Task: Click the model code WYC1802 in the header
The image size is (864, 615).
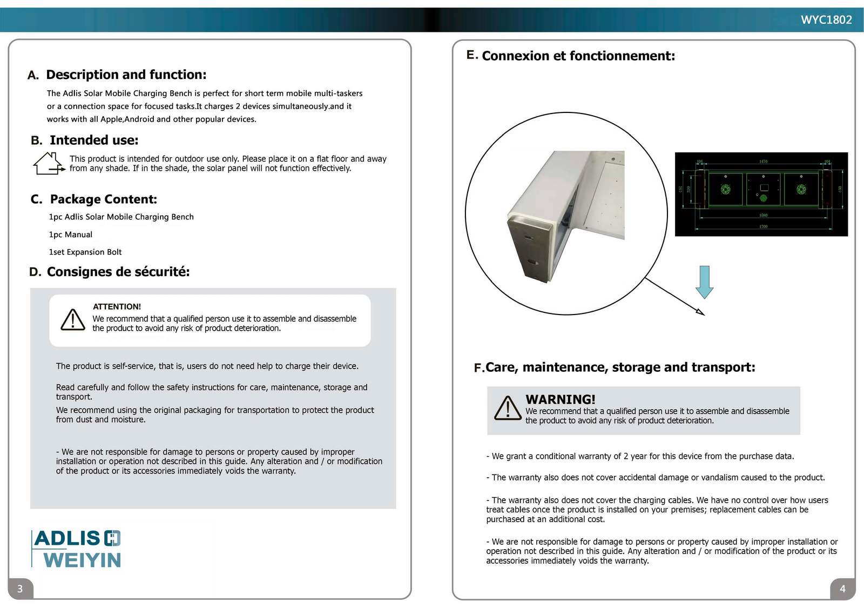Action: pos(826,20)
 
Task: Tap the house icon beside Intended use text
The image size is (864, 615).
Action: pos(48,163)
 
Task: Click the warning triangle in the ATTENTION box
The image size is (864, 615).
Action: pos(72,320)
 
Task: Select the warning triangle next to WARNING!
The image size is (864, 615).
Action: pos(507,409)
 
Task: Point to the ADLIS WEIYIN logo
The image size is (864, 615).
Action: pos(77,549)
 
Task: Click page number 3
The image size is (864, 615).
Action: pos(20,589)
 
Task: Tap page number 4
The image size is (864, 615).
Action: pos(842,589)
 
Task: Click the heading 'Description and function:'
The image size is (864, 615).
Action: pos(126,75)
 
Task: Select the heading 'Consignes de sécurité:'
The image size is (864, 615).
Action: pos(118,272)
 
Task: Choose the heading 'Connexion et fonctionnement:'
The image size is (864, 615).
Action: pos(578,56)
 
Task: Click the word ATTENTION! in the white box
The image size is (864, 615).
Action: pos(117,306)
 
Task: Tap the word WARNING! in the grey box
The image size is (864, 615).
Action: pos(560,399)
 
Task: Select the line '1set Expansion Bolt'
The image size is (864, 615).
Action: pos(85,252)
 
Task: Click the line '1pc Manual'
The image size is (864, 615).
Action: pos(71,235)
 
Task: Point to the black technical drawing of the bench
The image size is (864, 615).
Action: pos(761,194)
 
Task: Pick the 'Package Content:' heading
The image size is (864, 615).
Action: pos(103,199)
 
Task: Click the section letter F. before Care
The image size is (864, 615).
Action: pos(479,368)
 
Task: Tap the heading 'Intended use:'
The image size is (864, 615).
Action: pos(94,141)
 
